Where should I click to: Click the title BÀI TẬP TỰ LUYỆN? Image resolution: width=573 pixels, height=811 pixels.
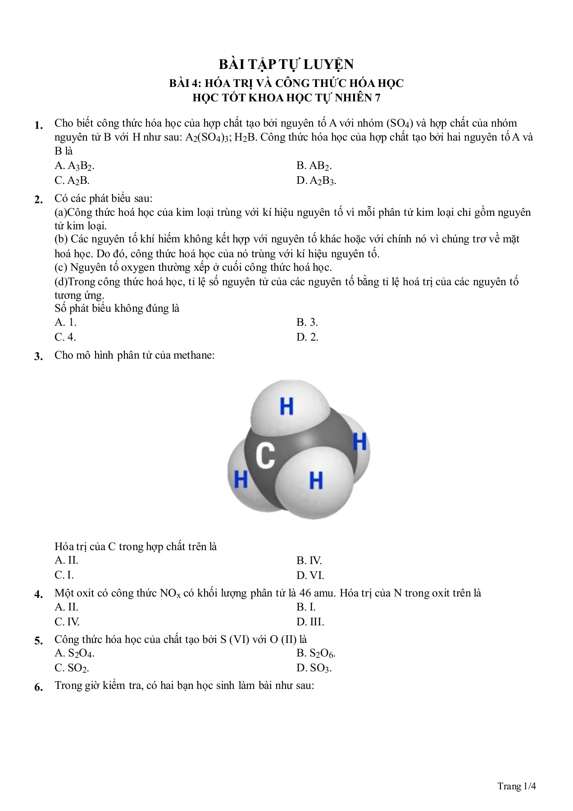286,64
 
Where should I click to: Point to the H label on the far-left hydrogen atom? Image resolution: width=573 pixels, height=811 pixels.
241,478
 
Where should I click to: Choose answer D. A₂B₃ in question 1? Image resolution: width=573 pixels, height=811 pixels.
316,181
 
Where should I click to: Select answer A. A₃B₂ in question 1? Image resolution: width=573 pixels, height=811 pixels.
75,166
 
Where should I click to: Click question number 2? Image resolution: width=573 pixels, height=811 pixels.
39,200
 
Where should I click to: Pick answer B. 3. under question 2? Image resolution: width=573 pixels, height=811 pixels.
307,322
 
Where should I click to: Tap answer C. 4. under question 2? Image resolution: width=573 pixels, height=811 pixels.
65,337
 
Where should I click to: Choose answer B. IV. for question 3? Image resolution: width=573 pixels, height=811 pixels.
309,560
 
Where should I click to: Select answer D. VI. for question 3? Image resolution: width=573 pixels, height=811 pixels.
310,575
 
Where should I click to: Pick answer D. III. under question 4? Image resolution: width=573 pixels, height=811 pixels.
310,622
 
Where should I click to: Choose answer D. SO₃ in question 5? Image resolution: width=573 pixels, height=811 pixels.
314,668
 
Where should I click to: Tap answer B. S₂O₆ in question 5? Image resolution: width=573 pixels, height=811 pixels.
316,653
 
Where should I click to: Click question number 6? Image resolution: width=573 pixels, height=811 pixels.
39,688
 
